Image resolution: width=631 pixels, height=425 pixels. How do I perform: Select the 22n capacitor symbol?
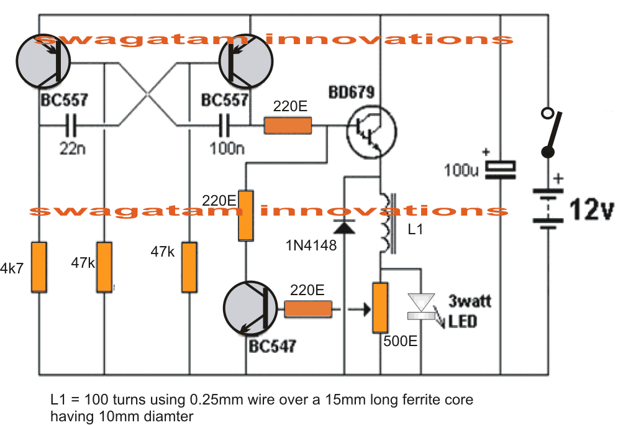[x=71, y=127]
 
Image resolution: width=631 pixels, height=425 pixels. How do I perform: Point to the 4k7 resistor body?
[x=39, y=267]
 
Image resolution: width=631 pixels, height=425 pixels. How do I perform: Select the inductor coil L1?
[x=387, y=224]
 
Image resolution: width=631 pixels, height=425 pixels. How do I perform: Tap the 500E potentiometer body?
[x=379, y=307]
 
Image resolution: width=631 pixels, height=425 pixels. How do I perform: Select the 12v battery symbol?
[x=547, y=209]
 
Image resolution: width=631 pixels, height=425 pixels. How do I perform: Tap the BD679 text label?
[x=351, y=94]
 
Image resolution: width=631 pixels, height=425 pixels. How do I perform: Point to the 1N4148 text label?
[x=311, y=246]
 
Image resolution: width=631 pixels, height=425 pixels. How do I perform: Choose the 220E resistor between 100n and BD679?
[x=288, y=126]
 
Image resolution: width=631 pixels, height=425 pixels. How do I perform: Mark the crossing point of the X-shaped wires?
[x=147, y=94]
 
